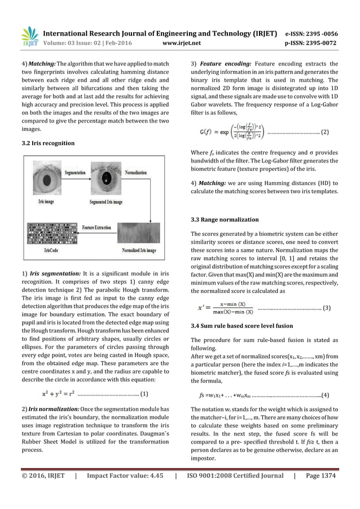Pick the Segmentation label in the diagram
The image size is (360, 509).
tap(74, 173)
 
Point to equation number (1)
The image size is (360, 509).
tap(144, 394)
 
